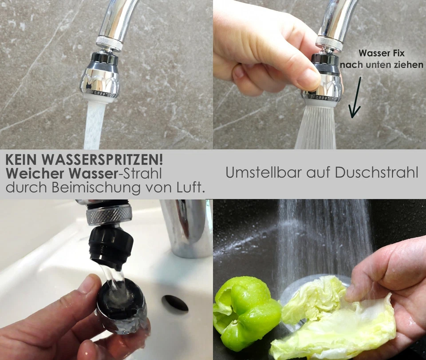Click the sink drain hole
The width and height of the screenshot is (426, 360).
(175, 303)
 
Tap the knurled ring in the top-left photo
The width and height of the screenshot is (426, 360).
(109, 44)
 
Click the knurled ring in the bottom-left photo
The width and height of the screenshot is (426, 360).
(109, 215)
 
